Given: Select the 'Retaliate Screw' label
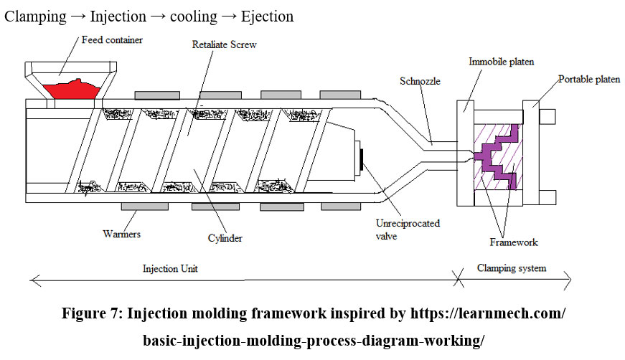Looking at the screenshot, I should tap(224, 44).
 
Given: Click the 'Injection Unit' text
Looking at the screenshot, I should tap(170, 268).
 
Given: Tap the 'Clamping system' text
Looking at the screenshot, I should tap(512, 268).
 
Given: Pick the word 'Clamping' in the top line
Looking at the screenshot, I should tap(34, 16).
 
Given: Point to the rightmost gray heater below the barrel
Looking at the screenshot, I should tap(340, 207).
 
